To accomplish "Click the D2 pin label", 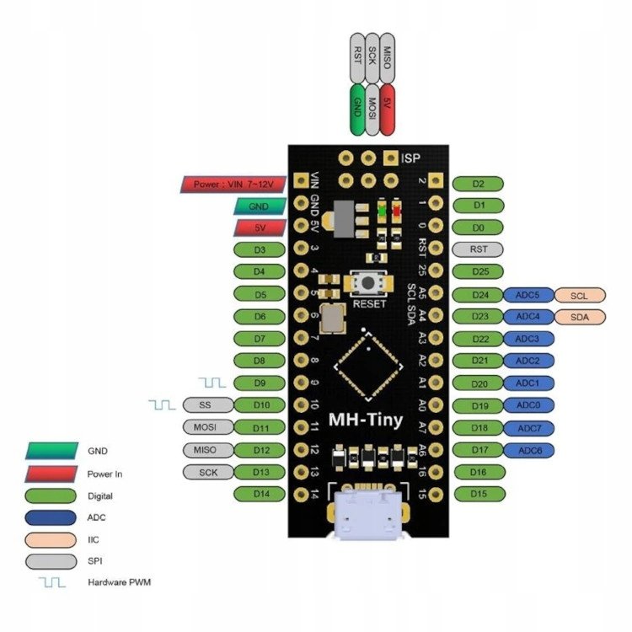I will [x=478, y=183].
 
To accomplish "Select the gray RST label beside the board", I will [x=478, y=249].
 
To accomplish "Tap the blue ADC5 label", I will [x=528, y=295].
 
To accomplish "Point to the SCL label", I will [x=579, y=295].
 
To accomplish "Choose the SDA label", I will [x=579, y=317].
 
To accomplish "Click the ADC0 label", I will [x=528, y=405].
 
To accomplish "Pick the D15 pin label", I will [x=478, y=493].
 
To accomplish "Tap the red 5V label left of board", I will [x=259, y=228].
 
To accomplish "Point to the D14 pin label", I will [x=259, y=493].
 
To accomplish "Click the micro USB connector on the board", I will [x=367, y=515].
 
